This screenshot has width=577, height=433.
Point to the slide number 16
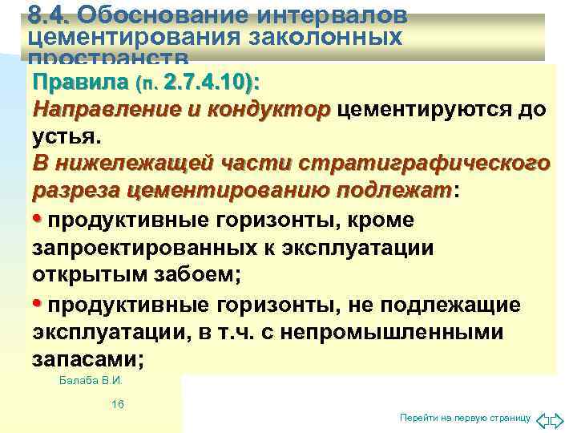tap(118, 405)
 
